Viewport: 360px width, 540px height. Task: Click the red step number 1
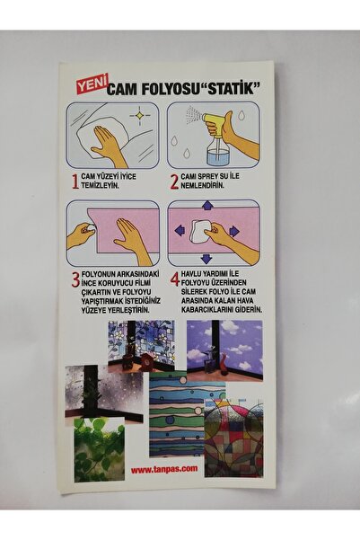[x=75, y=181]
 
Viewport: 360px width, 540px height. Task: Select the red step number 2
[x=174, y=181]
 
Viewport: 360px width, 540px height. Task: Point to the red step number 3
[x=75, y=279]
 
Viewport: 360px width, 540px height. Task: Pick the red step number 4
[x=175, y=279]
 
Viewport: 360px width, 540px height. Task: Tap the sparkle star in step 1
[x=139, y=115]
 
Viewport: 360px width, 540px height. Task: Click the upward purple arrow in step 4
[x=206, y=206]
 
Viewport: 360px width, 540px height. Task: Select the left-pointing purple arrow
[x=180, y=230]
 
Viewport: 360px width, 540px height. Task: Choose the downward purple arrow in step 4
[x=206, y=258]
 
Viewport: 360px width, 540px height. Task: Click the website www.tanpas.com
[x=164, y=468]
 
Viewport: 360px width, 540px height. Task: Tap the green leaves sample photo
[x=99, y=449]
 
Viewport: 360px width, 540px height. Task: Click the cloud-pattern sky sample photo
[x=224, y=350]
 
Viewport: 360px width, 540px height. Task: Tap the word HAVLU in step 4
[x=191, y=274]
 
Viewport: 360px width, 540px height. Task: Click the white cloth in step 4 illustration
[x=199, y=231]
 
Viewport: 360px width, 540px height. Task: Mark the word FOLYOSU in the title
[x=162, y=90]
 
